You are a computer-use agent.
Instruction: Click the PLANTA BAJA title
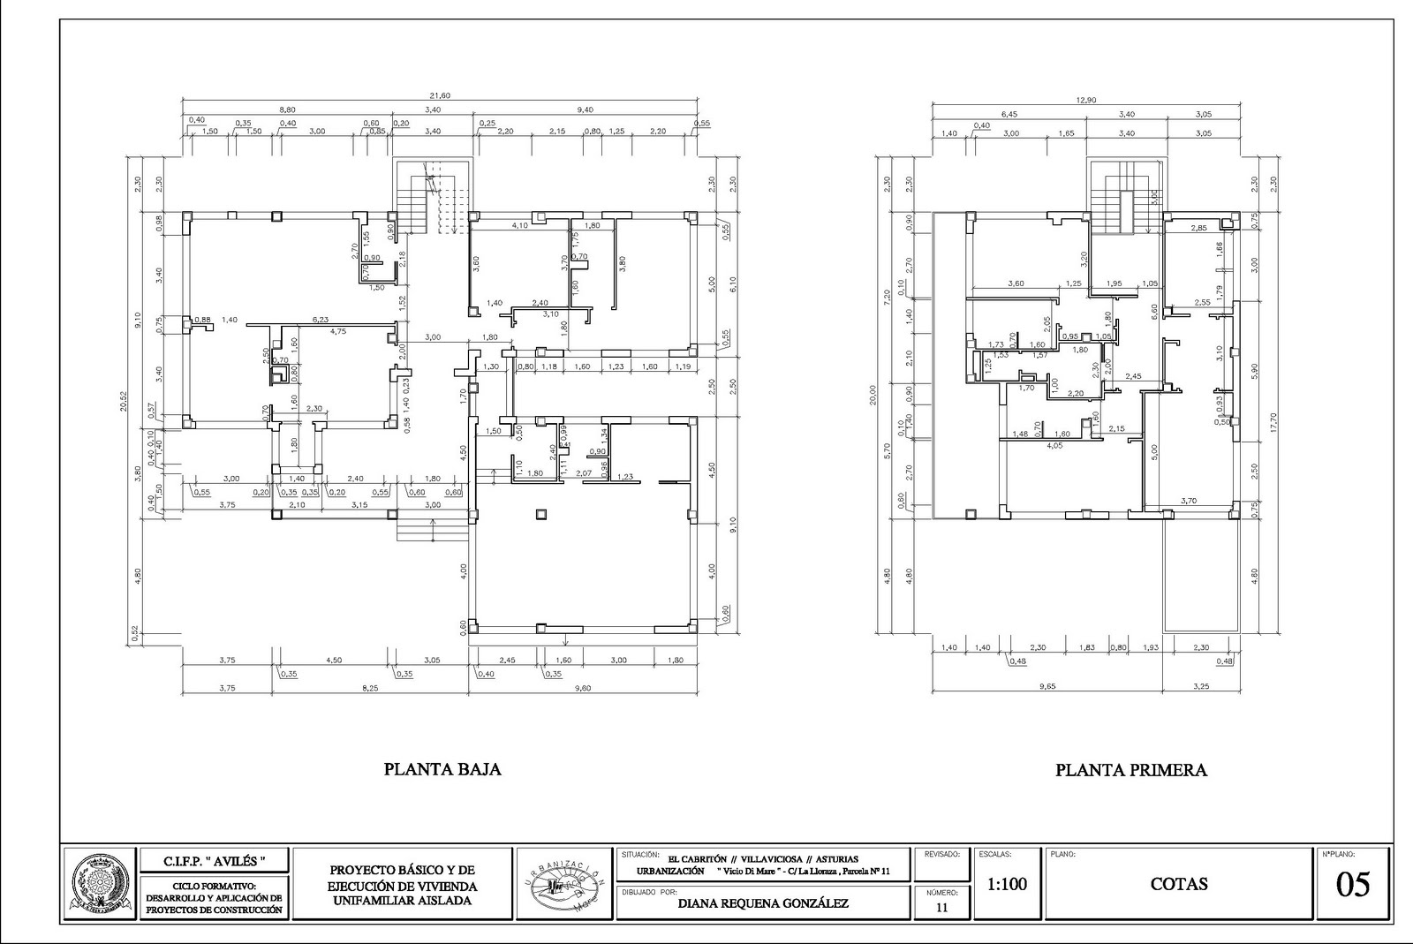tap(442, 769)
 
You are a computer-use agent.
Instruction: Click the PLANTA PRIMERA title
tap(1130, 770)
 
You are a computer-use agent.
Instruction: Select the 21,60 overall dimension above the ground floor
tap(439, 95)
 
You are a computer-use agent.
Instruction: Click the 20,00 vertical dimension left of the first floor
tap(873, 394)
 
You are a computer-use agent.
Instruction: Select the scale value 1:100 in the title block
tap(1007, 884)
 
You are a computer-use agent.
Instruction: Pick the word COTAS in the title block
tap(1178, 884)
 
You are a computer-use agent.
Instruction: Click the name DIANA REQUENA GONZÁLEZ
tap(764, 903)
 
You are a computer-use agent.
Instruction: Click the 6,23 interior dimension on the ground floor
tap(320, 320)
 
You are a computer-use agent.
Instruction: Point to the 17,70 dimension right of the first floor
tap(1273, 424)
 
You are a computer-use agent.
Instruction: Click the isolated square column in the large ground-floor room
tap(540, 513)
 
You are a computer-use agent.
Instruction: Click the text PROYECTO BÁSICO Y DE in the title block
tap(402, 870)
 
